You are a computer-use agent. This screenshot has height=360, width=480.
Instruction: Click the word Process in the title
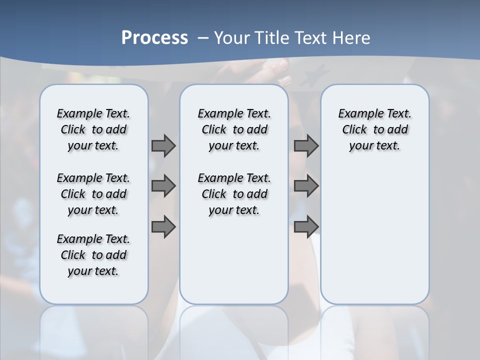pyautogui.click(x=154, y=38)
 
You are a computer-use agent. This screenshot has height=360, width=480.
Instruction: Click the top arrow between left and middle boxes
pyautogui.click(x=163, y=146)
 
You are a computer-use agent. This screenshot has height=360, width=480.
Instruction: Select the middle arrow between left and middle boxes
pyautogui.click(x=163, y=186)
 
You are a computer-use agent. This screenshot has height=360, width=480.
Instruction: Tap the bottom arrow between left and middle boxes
pyautogui.click(x=163, y=227)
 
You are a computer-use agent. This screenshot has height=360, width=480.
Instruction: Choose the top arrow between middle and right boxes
pyautogui.click(x=306, y=146)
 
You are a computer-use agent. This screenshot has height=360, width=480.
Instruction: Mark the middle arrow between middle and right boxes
pyautogui.click(x=306, y=186)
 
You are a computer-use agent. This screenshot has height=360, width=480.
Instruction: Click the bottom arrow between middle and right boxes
pyautogui.click(x=306, y=227)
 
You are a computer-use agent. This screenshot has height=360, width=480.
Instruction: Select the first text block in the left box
pyautogui.click(x=93, y=129)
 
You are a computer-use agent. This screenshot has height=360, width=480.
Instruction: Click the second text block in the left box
pyautogui.click(x=93, y=194)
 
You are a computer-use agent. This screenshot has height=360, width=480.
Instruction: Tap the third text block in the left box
pyautogui.click(x=93, y=255)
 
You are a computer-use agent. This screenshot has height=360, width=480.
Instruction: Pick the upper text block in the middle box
pyautogui.click(x=234, y=129)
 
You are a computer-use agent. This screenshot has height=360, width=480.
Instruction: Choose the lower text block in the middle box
pyautogui.click(x=234, y=194)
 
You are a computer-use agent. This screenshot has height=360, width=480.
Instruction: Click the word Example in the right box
pyautogui.click(x=356, y=114)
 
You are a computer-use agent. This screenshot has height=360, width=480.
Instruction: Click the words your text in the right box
pyautogui.click(x=374, y=146)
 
